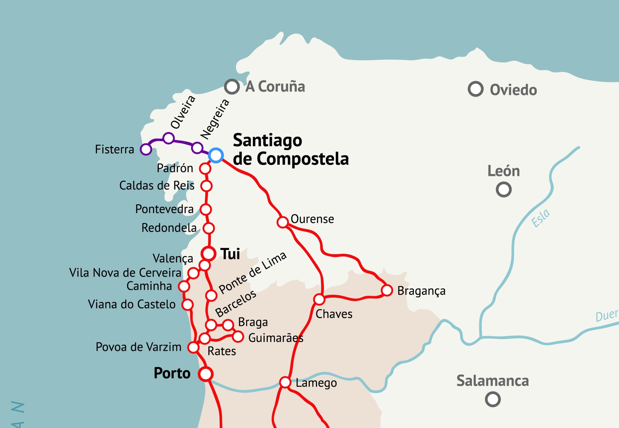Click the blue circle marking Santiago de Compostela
[216, 155]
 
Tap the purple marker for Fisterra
[146, 149]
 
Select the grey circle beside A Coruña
[232, 86]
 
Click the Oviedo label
[513, 90]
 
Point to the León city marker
[503, 190]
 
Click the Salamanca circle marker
[493, 399]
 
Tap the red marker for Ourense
[282, 222]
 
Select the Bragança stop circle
[387, 290]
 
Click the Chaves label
[334, 314]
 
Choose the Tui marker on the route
[208, 253]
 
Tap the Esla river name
[540, 218]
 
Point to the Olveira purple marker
[168, 138]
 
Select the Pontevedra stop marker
[206, 210]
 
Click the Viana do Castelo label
[132, 304]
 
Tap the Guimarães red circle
[238, 337]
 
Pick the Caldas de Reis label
[157, 186]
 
